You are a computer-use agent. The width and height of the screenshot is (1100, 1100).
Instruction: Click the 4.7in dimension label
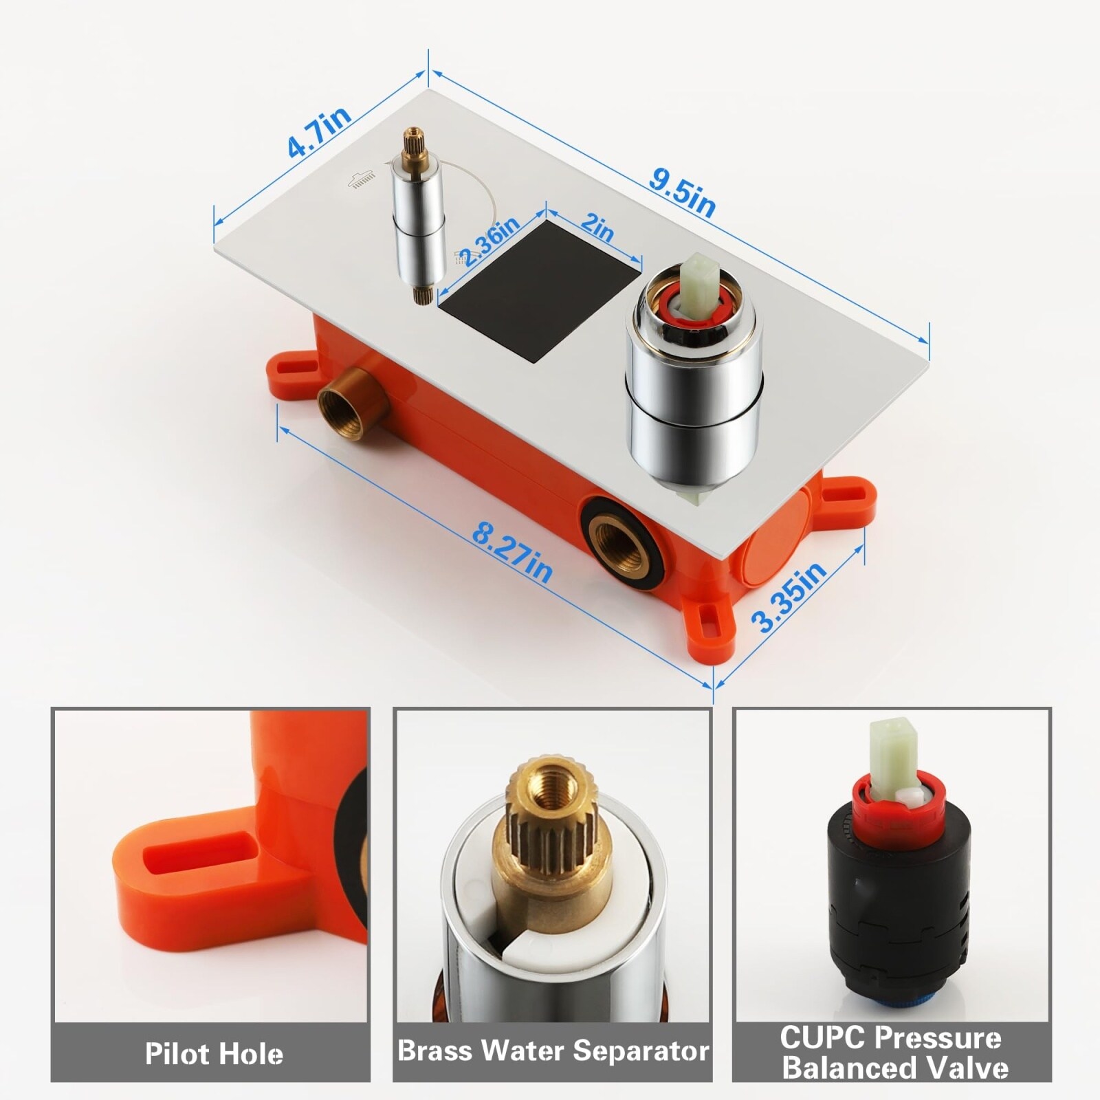[x=319, y=133]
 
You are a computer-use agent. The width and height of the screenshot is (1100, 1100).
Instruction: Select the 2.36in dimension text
[x=489, y=242]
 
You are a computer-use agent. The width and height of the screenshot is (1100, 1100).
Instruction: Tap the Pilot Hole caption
[x=214, y=1054]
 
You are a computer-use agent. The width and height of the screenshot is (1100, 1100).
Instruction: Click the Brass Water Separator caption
[x=553, y=1050]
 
